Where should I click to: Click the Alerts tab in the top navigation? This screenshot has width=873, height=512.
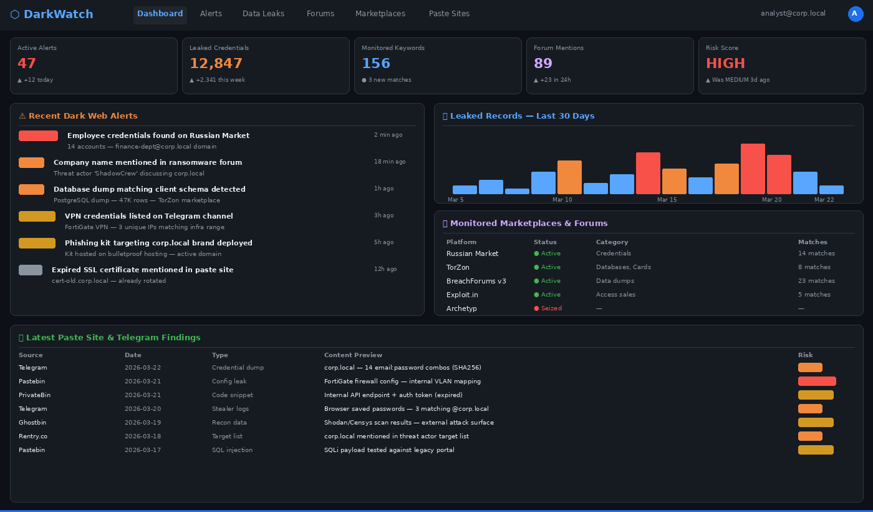pyautogui.click(x=211, y=14)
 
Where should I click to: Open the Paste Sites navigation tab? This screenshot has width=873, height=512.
pyautogui.click(x=449, y=14)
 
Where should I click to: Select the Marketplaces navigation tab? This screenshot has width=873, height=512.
pyautogui.click(x=380, y=14)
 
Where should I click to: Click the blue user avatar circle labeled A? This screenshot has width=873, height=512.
pyautogui.click(x=855, y=14)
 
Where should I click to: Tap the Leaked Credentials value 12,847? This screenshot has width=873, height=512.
pyautogui.click(x=216, y=64)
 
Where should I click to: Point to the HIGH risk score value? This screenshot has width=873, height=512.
pyautogui.click(x=725, y=64)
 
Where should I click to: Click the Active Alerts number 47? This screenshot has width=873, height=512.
pyautogui.click(x=27, y=64)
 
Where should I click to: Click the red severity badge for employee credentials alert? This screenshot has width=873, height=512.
pyautogui.click(x=38, y=135)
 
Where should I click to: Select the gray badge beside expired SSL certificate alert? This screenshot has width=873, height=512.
pyautogui.click(x=31, y=270)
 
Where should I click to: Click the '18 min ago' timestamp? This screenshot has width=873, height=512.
pyautogui.click(x=389, y=162)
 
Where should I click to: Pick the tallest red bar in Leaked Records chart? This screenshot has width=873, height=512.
pyautogui.click(x=753, y=169)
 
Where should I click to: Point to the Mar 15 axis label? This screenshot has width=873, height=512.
pyautogui.click(x=667, y=200)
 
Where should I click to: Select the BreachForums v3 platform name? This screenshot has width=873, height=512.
pyautogui.click(x=476, y=281)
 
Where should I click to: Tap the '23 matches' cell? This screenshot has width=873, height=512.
pyautogui.click(x=816, y=281)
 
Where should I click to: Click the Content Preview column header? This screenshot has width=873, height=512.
pyautogui.click(x=353, y=355)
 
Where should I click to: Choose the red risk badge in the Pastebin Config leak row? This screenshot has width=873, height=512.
pyautogui.click(x=816, y=381)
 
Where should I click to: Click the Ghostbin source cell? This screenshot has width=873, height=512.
pyautogui.click(x=32, y=423)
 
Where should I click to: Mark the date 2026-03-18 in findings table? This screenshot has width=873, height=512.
pyautogui.click(x=143, y=436)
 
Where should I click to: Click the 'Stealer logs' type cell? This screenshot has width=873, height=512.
pyautogui.click(x=230, y=409)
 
